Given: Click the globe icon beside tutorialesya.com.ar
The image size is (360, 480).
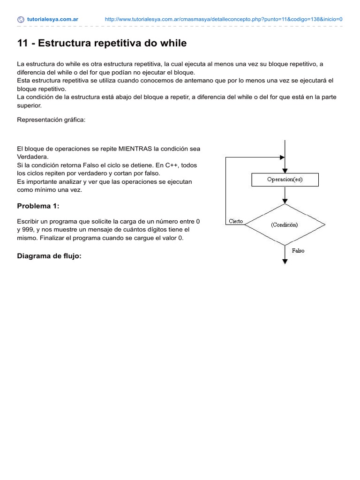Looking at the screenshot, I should pyautogui.click(x=21, y=20).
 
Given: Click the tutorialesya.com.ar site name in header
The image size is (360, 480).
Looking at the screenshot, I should pyautogui.click(x=52, y=20).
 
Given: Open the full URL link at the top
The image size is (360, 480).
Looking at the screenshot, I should pyautogui.click(x=224, y=20).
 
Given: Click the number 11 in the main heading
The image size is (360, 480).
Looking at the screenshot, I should pyautogui.click(x=22, y=44).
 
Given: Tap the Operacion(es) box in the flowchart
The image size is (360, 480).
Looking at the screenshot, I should pyautogui.click(x=285, y=180).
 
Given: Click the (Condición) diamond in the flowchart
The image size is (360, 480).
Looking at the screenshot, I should pyautogui.click(x=285, y=225).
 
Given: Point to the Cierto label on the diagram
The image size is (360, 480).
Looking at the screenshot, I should pyautogui.click(x=235, y=221).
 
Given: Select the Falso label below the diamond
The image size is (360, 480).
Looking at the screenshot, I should pyautogui.click(x=298, y=251).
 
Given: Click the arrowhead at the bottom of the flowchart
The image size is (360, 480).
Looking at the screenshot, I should pyautogui.click(x=285, y=262).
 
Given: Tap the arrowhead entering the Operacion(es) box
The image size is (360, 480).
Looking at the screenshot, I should pyautogui.click(x=285, y=171).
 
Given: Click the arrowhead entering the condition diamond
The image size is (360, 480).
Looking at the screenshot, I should pyautogui.click(x=285, y=201).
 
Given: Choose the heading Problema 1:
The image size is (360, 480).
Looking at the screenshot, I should pyautogui.click(x=38, y=206).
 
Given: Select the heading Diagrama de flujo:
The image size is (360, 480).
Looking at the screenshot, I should pyautogui.click(x=49, y=256).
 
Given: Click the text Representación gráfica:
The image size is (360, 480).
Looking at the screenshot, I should pyautogui.click(x=51, y=120).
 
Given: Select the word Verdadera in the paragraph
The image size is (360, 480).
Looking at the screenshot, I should pyautogui.click(x=32, y=157).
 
